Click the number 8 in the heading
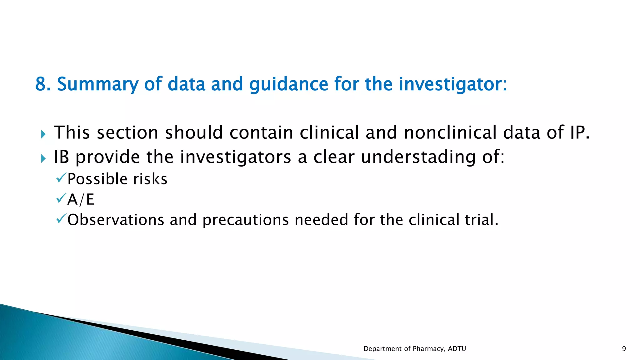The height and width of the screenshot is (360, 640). click(x=40, y=84)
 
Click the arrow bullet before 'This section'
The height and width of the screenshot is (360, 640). click(x=43, y=135)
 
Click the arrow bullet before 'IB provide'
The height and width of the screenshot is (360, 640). click(x=43, y=159)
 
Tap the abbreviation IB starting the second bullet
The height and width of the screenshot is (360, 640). click(x=61, y=157)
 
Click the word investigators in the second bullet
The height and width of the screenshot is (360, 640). click(x=236, y=157)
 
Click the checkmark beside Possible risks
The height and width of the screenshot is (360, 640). click(x=61, y=178)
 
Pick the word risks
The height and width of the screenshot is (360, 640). click(x=150, y=179)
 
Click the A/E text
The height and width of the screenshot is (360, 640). click(x=81, y=199)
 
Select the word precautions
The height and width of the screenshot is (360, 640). click(x=246, y=220)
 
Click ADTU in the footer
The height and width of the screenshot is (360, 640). click(x=457, y=349)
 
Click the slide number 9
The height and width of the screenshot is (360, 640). click(x=624, y=349)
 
